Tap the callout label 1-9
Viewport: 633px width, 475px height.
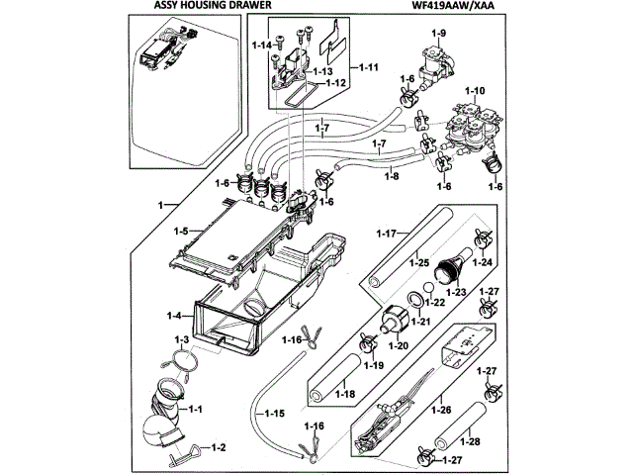437,35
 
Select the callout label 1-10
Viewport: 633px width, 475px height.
475,91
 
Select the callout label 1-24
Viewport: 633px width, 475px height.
482,262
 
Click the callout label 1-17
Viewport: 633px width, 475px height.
388,233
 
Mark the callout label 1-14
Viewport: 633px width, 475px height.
262,46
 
